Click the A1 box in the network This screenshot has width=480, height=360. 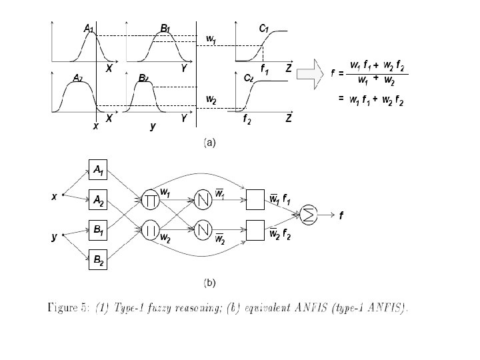98,171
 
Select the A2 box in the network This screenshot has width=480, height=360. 98,199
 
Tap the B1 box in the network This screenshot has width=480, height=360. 98,230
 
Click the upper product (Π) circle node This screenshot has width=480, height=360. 150,199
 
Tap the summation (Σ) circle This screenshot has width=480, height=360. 309,213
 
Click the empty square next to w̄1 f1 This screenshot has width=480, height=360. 256,198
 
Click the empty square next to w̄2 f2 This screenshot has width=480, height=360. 256,230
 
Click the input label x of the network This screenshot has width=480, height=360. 55,196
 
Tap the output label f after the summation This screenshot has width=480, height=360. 341,216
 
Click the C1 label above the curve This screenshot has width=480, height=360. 264,29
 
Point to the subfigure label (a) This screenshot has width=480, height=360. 209,142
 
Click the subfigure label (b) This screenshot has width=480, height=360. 209,282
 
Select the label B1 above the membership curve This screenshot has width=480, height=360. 165,29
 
